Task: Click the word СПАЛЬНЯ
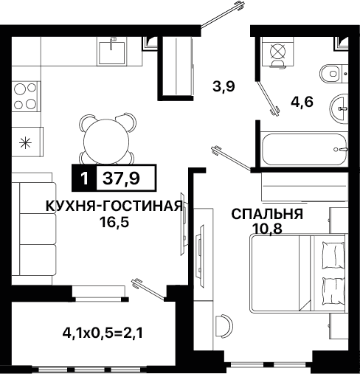point(268,215)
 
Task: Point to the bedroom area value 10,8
point(268,229)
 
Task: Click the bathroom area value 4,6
point(302,102)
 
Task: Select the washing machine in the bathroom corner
point(277,52)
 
